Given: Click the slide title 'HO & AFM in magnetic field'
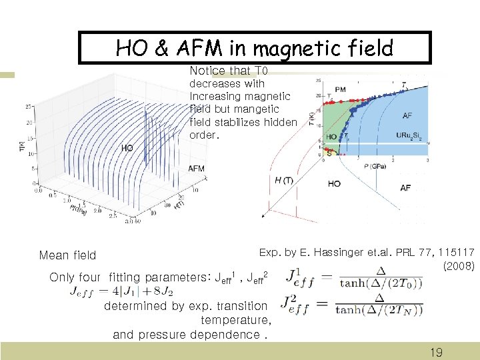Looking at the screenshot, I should (255, 48).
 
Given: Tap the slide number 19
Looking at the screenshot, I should (436, 352).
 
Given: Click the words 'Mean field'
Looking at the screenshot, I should (67, 255).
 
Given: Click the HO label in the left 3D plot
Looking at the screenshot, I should (127, 148).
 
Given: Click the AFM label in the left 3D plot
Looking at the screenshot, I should (196, 169).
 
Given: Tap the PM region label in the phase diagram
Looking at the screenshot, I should (340, 89).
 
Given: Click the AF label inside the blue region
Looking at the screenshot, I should (407, 115).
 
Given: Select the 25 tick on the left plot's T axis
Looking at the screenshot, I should (28, 106).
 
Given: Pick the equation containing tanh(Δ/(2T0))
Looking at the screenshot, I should (353, 276).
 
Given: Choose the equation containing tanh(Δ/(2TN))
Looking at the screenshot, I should (353, 305).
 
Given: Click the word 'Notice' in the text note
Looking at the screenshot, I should (207, 71).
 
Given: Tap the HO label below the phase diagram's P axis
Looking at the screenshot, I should (334, 183).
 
